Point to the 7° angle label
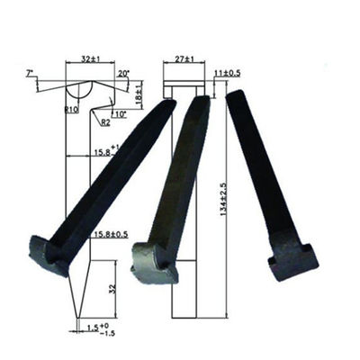30,72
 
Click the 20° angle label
123,73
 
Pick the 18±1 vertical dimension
138,93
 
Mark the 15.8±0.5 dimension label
111,235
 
